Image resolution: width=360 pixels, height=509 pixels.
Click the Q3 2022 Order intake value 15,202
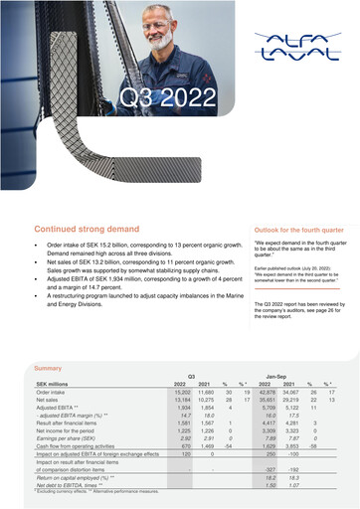point(180,392)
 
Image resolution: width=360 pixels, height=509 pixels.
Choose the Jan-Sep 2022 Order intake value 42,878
point(263,392)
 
